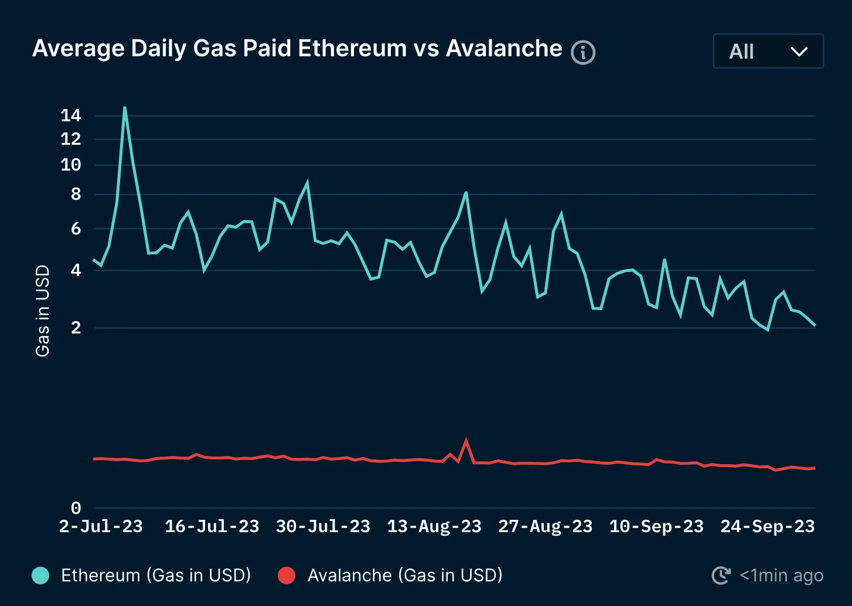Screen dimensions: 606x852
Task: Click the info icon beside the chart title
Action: coord(583,53)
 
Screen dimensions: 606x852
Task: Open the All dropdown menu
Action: coord(768,52)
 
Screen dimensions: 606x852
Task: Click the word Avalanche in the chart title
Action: coord(504,49)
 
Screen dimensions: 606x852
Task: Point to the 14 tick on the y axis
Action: coord(71,115)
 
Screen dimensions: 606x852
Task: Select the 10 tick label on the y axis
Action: coord(71,165)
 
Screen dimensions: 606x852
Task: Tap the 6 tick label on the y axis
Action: coord(76,229)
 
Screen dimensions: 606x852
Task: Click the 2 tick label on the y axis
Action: coord(76,328)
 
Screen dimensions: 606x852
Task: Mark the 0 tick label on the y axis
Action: coord(76,508)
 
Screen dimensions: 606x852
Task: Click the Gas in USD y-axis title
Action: coord(42,311)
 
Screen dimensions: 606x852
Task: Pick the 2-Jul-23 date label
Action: coord(101,526)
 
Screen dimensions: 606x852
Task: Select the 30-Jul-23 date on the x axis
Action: coord(323,526)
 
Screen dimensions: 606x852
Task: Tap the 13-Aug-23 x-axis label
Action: coord(434,526)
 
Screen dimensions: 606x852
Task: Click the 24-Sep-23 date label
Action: coord(767,526)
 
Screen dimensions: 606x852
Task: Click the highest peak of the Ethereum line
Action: coord(125,108)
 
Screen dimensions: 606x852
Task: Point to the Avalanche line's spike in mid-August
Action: coord(466,440)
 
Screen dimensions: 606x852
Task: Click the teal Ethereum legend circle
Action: coord(40,576)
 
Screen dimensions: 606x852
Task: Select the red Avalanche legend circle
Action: coord(287,576)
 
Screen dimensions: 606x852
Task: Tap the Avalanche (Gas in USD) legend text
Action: coord(405,576)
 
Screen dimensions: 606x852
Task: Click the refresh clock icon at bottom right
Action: coord(721,576)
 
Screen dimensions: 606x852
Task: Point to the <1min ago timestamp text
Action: coord(781,576)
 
